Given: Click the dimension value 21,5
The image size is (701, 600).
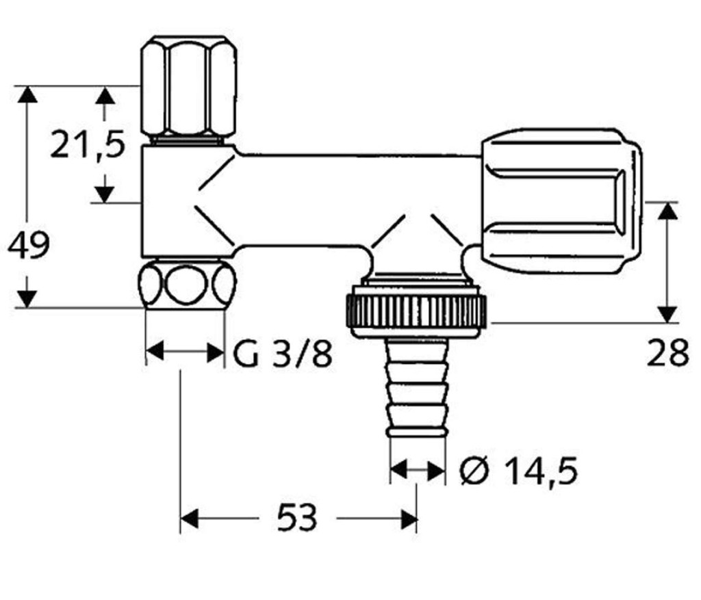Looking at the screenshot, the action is pyautogui.click(x=88, y=144).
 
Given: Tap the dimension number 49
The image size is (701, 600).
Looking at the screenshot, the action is pyautogui.click(x=29, y=245).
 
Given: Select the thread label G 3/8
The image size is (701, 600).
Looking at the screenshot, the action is pyautogui.click(x=283, y=353).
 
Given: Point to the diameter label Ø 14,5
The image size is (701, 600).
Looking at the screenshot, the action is pyautogui.click(x=519, y=471).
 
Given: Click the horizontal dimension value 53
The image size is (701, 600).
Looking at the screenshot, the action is pyautogui.click(x=297, y=517).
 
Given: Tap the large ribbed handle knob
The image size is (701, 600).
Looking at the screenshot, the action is pyautogui.click(x=561, y=201).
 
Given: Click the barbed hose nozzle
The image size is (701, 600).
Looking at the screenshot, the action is pyautogui.click(x=417, y=387).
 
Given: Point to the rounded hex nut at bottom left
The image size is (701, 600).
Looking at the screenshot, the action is pyautogui.click(x=186, y=285).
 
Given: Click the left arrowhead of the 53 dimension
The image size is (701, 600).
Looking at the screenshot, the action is pyautogui.click(x=189, y=518).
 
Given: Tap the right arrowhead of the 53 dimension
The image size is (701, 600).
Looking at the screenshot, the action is pyautogui.click(x=408, y=518).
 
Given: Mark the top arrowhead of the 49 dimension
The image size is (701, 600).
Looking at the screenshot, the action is pyautogui.click(x=27, y=94).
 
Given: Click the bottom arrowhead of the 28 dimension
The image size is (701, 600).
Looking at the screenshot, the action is pyautogui.click(x=668, y=314).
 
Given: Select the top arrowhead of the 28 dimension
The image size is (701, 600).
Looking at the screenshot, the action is pyautogui.click(x=668, y=211).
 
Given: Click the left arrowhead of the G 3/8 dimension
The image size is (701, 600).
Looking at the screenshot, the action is pyautogui.click(x=155, y=352).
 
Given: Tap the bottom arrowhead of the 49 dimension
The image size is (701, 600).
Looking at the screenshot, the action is pyautogui.click(x=27, y=299).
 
